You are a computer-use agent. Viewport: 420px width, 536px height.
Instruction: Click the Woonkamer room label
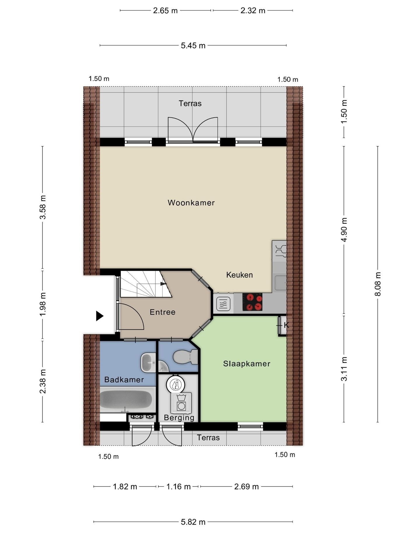pyautogui.click(x=191, y=203)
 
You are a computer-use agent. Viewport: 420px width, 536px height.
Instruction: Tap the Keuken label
pyautogui.click(x=239, y=275)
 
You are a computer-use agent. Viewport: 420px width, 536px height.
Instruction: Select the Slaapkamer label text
pyautogui.click(x=247, y=364)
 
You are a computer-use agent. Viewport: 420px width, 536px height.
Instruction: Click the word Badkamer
pyautogui.click(x=124, y=379)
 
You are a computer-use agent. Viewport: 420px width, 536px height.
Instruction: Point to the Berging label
pyautogui.click(x=179, y=418)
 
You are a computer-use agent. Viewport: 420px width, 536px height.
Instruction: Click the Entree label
pyautogui.click(x=162, y=312)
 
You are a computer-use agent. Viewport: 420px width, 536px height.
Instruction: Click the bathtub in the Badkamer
pyautogui.click(x=126, y=400)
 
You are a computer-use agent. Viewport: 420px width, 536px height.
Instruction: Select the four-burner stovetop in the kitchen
pyautogui.click(x=252, y=302)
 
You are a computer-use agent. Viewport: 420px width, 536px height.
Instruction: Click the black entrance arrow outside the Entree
pyautogui.click(x=100, y=316)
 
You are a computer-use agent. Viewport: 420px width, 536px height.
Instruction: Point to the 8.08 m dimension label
pyautogui.click(x=378, y=284)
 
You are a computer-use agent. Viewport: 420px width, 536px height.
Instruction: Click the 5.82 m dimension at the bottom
pyautogui.click(x=193, y=522)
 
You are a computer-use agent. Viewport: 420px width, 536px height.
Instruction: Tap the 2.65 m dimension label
pyautogui.click(x=165, y=10)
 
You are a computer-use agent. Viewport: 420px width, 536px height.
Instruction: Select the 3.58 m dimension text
pyautogui.click(x=43, y=207)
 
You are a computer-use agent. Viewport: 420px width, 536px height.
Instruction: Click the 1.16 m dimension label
pyautogui.click(x=178, y=486)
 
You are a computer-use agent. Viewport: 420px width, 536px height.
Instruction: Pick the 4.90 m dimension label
pyautogui.click(x=344, y=230)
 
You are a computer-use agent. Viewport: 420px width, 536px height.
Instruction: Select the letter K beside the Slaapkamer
pyautogui.click(x=286, y=325)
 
